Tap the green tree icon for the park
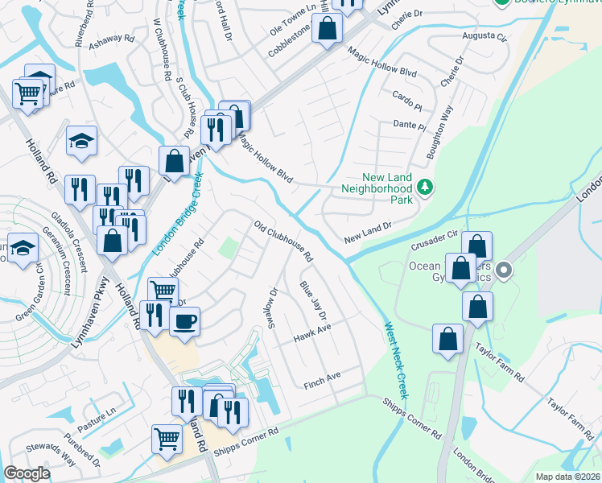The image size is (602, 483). [425, 188]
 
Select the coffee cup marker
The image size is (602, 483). [184, 322]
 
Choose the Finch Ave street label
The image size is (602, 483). [322, 381]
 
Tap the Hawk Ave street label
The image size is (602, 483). [312, 332]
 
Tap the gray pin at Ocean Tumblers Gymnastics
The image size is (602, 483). [505, 270]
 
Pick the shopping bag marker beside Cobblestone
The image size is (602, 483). [328, 29]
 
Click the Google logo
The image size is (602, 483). [27, 473]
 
